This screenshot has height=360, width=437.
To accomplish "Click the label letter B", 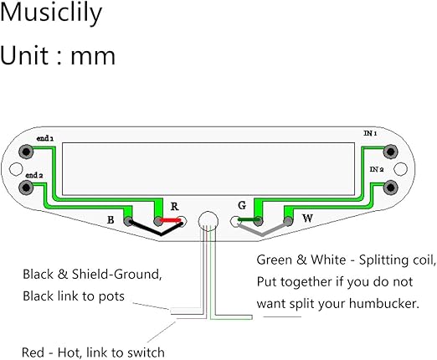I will coord(111,220).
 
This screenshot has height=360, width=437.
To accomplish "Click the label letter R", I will coord(174,205).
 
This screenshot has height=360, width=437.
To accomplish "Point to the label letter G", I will coord(242,205).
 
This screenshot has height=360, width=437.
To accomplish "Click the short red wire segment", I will coord(171,221).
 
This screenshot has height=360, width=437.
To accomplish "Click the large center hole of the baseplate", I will coord(207,222).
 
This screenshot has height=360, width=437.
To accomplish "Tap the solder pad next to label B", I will coord(128,221).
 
